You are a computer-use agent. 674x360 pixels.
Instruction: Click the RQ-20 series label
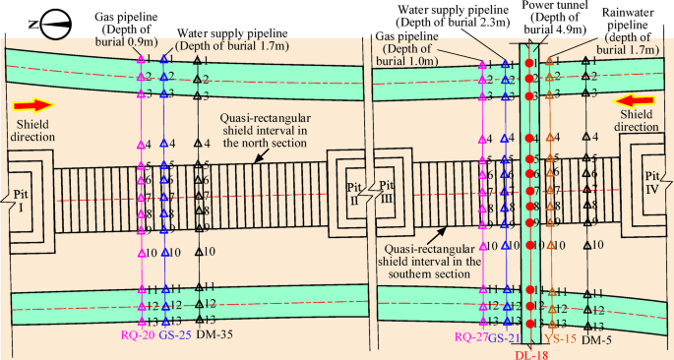point(138,335)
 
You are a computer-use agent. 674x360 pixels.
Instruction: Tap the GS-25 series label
point(174,335)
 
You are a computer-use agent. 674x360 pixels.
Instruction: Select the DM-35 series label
point(213,335)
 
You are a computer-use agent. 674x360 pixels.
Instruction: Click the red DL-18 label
point(531,352)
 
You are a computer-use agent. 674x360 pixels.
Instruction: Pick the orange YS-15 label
point(558,339)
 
